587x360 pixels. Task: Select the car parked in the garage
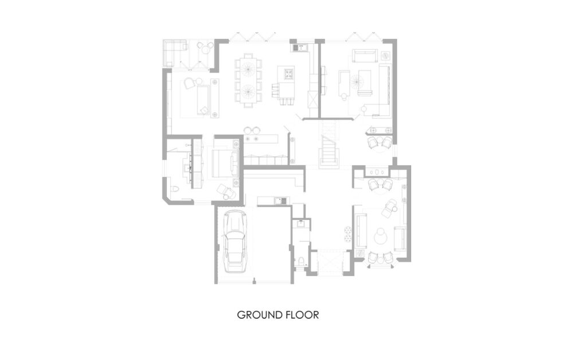pos(234,241)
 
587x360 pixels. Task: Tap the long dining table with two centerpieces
pos(248,80)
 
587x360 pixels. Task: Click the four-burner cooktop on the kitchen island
pos(289,75)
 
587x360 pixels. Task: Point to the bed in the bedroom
pos(225,163)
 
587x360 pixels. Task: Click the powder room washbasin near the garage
pos(300,224)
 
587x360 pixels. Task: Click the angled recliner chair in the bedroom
pos(226,191)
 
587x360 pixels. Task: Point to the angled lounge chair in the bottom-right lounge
pos(390,208)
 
